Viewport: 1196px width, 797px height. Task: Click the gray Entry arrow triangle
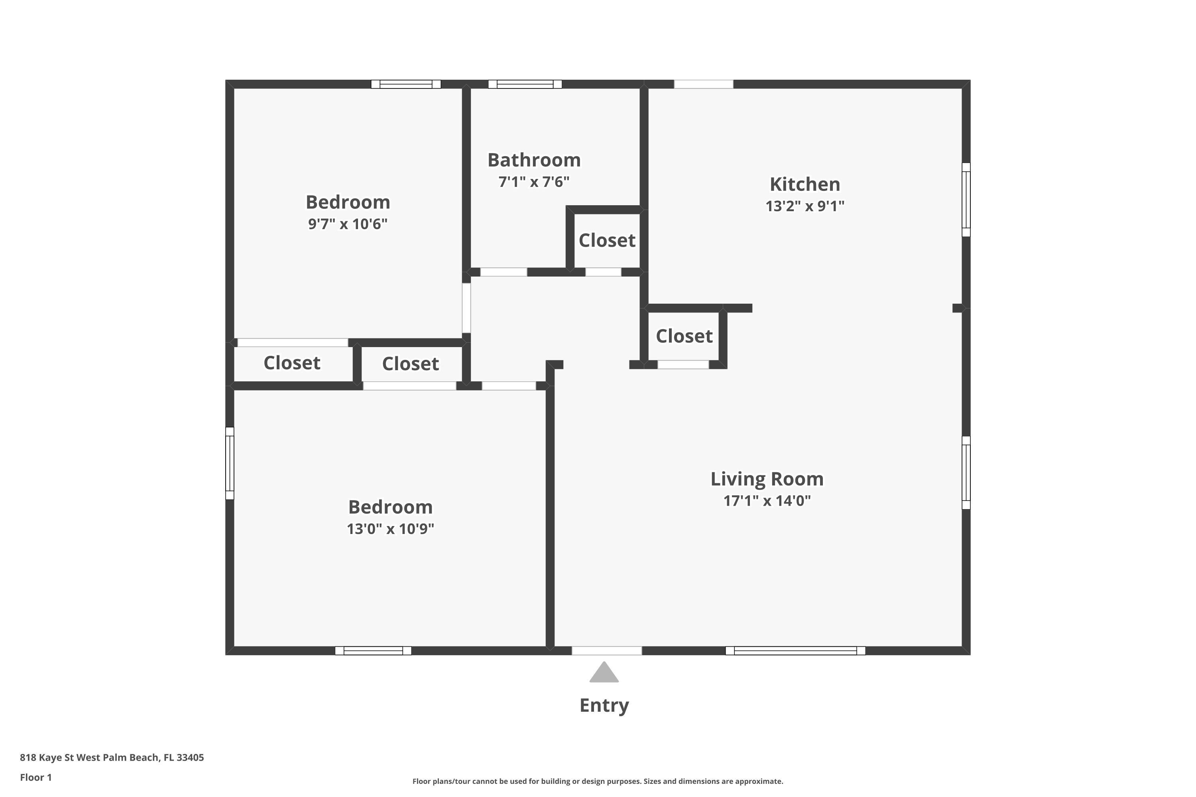point(604,673)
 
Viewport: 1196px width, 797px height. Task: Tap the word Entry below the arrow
point(604,705)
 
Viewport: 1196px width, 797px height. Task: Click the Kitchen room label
point(805,184)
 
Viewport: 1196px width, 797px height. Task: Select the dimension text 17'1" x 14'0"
point(767,501)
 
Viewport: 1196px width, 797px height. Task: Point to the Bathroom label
point(534,160)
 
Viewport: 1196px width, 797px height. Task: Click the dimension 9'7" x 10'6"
point(348,224)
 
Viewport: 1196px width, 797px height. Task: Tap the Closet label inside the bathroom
point(607,240)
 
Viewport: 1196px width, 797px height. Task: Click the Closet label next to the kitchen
point(684,336)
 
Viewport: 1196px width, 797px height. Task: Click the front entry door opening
point(607,651)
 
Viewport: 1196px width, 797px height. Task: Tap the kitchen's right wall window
point(966,200)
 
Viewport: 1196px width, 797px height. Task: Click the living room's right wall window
point(966,473)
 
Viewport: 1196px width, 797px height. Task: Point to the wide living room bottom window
point(795,651)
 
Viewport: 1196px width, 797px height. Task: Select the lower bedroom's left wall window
point(230,463)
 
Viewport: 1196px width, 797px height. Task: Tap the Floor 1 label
point(35,777)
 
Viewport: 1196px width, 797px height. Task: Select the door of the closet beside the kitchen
point(683,365)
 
